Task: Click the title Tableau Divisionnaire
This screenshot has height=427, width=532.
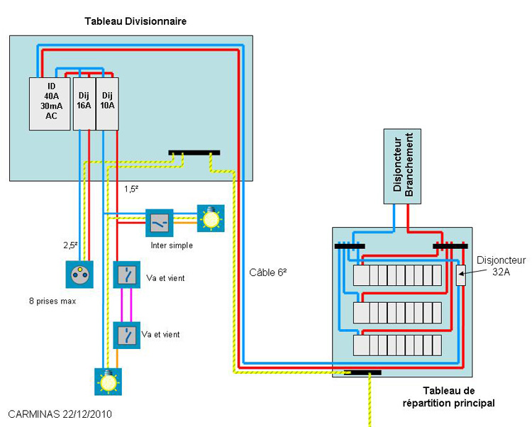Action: coord(135,21)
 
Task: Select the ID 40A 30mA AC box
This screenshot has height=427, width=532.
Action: coord(50,104)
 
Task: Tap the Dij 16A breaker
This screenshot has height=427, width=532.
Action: coord(84,104)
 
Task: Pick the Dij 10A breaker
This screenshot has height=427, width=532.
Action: coord(107,104)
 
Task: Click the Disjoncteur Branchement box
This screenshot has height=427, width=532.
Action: coord(402,166)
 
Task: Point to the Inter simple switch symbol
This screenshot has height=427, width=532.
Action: coord(160,223)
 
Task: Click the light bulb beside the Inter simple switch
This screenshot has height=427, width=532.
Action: coord(211,218)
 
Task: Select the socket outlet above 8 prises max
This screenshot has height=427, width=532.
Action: coord(79,274)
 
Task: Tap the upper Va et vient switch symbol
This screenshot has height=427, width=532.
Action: coord(126,274)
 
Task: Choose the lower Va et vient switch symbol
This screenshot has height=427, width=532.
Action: coord(126,335)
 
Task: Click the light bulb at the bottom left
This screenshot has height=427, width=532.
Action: coord(108,382)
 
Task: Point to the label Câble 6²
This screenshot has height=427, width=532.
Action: coord(268,272)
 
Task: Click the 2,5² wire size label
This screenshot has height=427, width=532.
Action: coord(70,245)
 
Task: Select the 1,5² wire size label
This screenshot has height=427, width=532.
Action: coord(131,189)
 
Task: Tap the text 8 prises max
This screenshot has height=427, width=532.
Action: coord(52,301)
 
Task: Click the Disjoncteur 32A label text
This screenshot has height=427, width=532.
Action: coord(501,266)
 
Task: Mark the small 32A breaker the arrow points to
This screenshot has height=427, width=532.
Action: coord(461,275)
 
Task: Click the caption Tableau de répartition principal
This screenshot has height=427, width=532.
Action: coord(448,396)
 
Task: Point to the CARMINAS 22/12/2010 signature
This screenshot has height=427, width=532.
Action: coord(60,414)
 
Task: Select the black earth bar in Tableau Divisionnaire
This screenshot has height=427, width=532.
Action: coord(194,152)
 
